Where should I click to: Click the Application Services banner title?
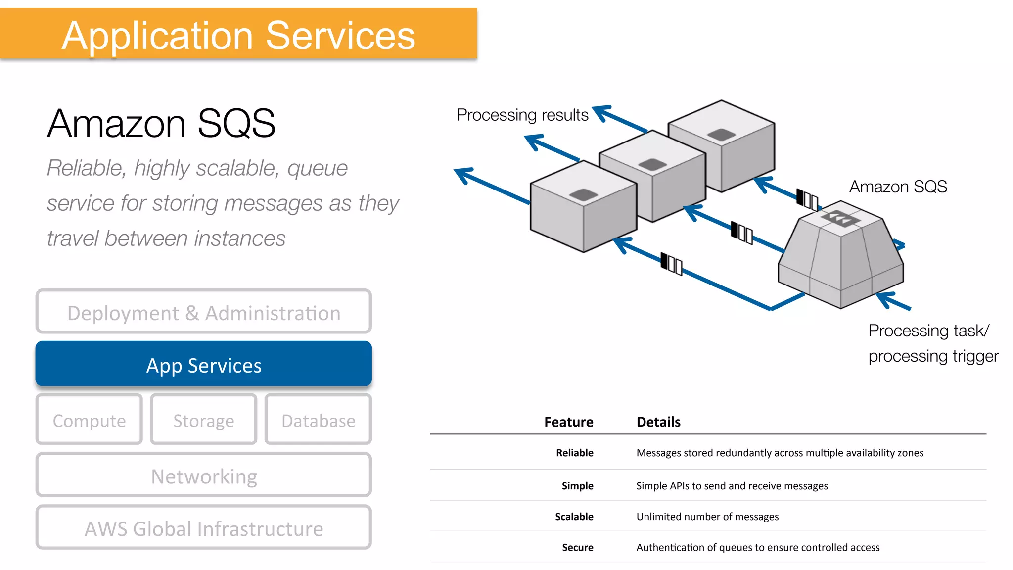tap(238, 36)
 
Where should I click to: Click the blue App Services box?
tap(203, 365)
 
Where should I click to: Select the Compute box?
tap(89, 420)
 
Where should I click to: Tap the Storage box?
tap(203, 420)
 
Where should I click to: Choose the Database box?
tap(318, 420)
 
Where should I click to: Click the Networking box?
tap(203, 476)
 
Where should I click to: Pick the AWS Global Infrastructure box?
tap(203, 528)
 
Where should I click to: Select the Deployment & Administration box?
tap(203, 313)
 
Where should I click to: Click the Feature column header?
tap(568, 422)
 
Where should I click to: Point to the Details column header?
tap(658, 422)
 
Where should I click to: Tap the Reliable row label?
tap(574, 453)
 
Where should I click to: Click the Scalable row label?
tap(574, 517)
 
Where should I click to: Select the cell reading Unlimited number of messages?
tap(707, 517)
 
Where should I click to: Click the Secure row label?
tap(577, 547)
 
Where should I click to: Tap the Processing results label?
tap(522, 115)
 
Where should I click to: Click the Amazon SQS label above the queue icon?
tap(898, 187)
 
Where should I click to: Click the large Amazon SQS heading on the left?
tap(161, 123)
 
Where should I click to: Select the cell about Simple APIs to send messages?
tap(732, 486)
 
